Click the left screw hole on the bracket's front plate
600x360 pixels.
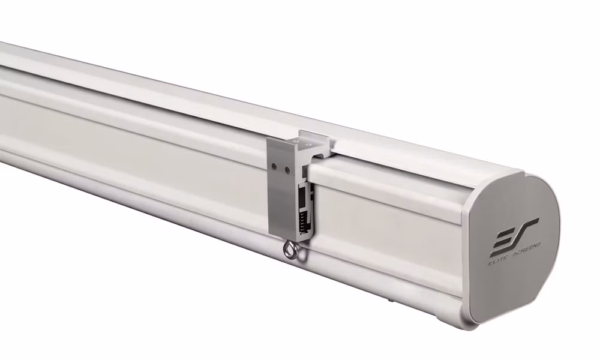(274, 166)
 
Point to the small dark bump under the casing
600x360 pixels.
(390, 301)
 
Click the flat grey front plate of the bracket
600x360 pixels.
(281, 187)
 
